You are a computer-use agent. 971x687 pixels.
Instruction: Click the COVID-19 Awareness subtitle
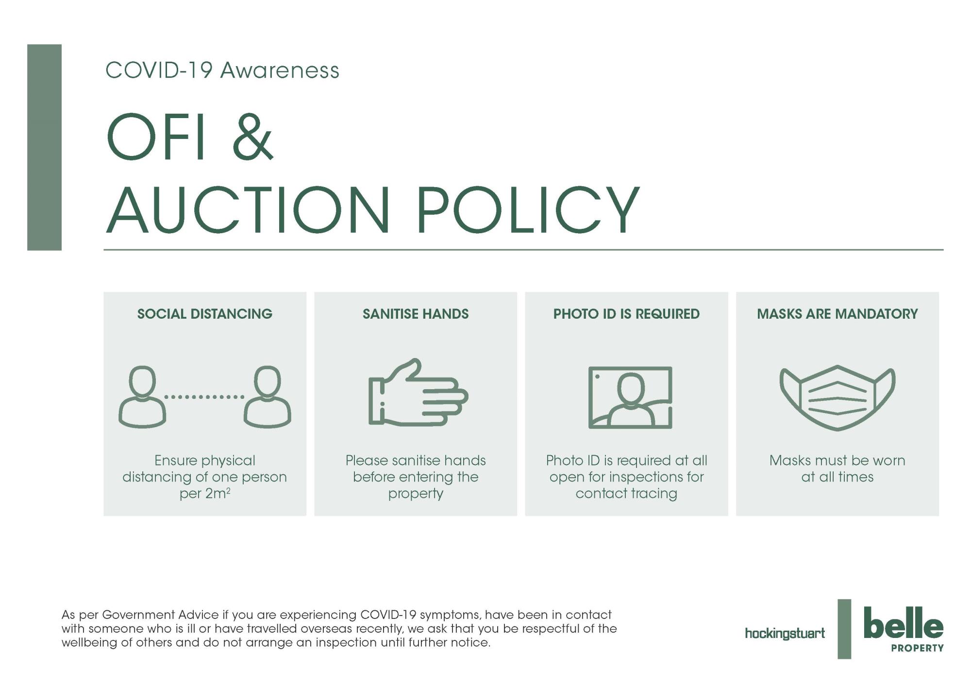tap(222, 70)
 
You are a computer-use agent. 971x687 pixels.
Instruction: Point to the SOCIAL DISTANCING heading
tap(205, 314)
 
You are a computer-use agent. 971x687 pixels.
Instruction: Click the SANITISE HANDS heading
tap(416, 314)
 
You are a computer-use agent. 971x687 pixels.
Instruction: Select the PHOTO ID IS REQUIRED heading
tap(626, 314)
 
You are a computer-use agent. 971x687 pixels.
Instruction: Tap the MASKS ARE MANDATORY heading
tap(837, 314)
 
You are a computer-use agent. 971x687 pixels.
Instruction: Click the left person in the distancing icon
tap(142, 397)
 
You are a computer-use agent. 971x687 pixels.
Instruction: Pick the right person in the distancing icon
tap(268, 397)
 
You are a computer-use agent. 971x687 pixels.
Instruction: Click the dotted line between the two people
tap(204, 397)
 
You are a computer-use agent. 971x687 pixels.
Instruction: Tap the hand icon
tap(418, 393)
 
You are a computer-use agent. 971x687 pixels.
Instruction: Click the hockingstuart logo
tap(785, 634)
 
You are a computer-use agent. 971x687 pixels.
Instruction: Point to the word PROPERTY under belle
tap(918, 648)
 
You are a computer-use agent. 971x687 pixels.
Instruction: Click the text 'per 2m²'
tap(205, 494)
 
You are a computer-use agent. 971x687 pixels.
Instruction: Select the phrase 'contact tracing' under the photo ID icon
tap(626, 494)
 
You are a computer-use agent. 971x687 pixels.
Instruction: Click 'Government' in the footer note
tap(138, 615)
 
